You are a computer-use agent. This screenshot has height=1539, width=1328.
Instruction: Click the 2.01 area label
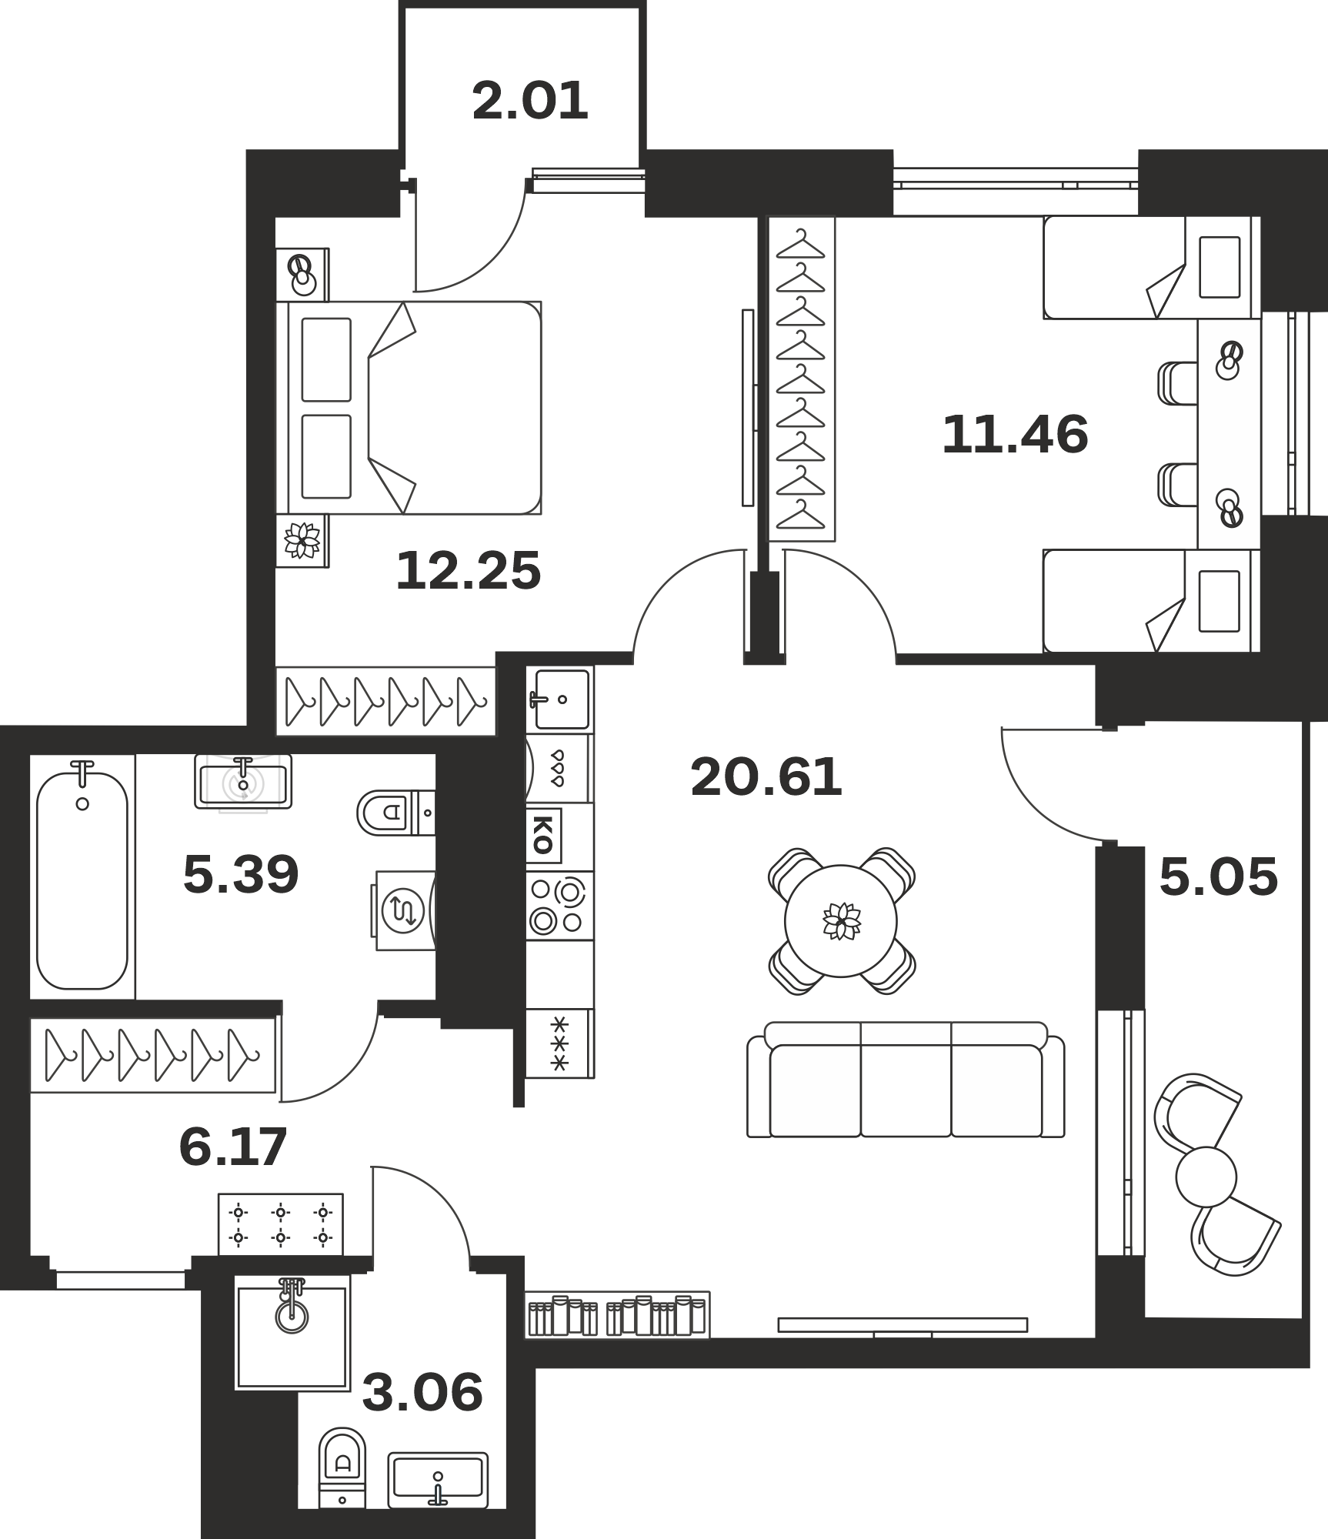pos(530,102)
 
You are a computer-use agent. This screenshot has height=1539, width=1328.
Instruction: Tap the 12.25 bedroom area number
pos(469,571)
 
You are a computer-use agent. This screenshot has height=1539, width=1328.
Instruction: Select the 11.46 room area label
pos(1015,434)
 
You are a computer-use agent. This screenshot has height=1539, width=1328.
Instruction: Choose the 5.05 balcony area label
pos(1218,877)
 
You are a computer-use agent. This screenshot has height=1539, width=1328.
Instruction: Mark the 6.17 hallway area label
pos(232,1147)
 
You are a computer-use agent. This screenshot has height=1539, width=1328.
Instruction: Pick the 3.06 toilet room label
pos(422,1392)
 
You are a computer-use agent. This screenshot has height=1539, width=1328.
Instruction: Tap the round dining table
pos(841,921)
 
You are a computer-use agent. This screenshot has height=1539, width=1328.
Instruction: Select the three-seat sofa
pos(906,1080)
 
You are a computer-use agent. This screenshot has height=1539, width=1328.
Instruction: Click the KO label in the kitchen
pos(543,835)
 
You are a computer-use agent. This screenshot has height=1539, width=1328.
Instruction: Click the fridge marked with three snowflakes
pos(559,1043)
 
